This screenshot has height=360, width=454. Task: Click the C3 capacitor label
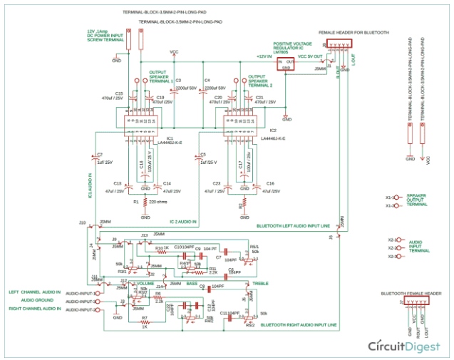(x=178, y=80)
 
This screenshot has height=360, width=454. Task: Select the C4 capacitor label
(x=207, y=80)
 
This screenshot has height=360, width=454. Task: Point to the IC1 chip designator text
(x=170, y=138)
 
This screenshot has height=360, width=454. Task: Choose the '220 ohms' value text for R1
(x=158, y=202)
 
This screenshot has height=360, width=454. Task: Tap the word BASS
(x=192, y=284)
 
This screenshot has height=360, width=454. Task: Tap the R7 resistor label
(x=144, y=317)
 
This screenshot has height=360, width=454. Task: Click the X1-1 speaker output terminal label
(x=390, y=197)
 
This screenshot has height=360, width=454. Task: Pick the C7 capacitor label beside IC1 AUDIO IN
(x=100, y=154)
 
